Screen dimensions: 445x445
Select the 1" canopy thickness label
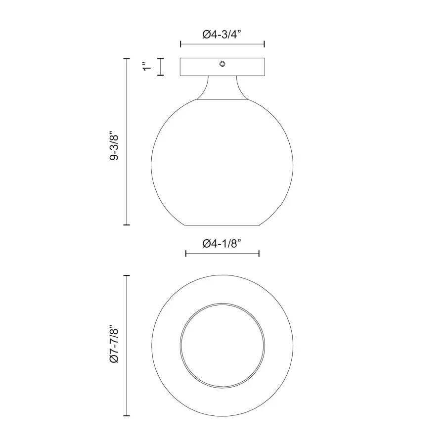tap(147, 66)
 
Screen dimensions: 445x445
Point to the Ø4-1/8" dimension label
tap(222, 243)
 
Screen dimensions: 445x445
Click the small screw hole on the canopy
tap(222, 64)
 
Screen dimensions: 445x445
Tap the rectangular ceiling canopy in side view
tap(222, 67)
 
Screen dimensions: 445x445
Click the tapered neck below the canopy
tap(222, 88)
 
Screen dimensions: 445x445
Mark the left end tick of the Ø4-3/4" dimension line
tap(180, 44)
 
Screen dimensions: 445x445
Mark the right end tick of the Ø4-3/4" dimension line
tap(265, 44)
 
